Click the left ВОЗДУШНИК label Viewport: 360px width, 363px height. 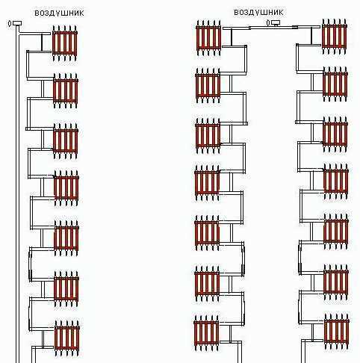tap(59, 13)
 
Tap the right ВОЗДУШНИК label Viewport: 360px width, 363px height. tap(258, 13)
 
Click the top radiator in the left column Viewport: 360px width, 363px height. tap(65, 43)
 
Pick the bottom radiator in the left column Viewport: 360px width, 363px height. tap(67, 338)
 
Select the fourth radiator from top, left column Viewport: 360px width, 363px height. tap(66, 188)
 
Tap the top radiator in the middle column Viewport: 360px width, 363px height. tap(208, 38)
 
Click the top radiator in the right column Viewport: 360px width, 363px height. tap(335, 37)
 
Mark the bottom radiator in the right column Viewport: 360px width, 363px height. tap(337, 332)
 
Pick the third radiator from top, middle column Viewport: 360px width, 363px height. tap(208, 136)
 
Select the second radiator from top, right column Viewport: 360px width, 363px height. tap(335, 84)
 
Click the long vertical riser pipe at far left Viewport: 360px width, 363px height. tap(17, 194)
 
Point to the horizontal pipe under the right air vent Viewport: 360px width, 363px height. tap(271, 28)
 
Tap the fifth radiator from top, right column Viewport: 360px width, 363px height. tap(336, 232)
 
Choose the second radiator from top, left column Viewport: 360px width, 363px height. tap(66, 91)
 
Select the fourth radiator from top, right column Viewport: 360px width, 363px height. tap(336, 181)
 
